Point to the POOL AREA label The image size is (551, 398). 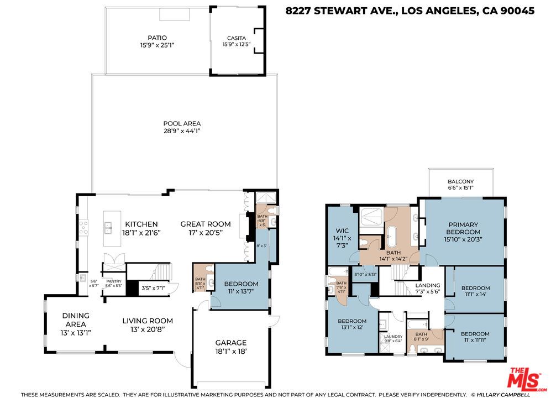(182, 123)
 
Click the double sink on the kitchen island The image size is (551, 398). (108, 226)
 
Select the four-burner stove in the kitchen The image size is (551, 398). (83, 227)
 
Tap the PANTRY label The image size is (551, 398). (113, 281)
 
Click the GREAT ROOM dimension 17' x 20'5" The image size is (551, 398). (206, 233)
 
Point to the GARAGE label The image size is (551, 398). (230, 342)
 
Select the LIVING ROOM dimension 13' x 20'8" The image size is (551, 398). (148, 329)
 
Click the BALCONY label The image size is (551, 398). (460, 181)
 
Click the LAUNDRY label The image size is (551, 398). (393, 336)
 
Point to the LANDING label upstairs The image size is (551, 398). (427, 285)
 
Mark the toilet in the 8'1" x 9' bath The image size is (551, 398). (413, 348)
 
